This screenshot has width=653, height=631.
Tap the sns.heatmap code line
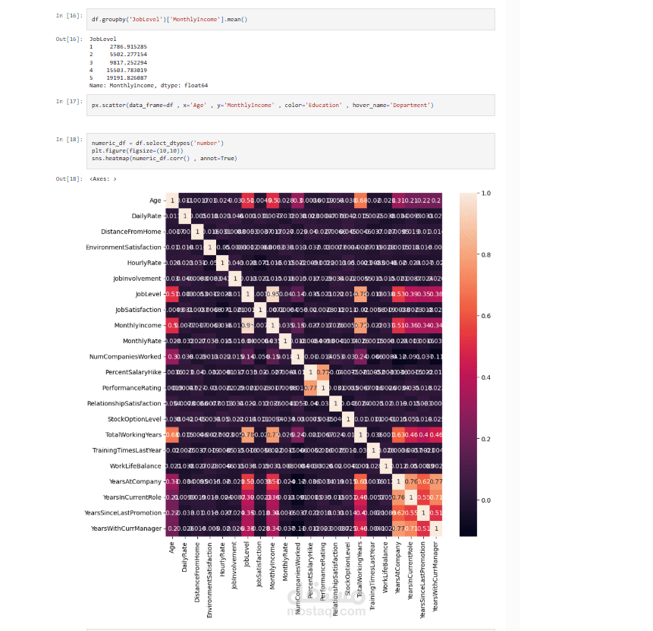pyautogui.click(x=164, y=158)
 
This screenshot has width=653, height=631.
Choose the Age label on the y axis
pyautogui.click(x=155, y=200)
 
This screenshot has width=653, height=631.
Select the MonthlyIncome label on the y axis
pyautogui.click(x=138, y=325)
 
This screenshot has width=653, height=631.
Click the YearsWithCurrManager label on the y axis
pyautogui.click(x=126, y=528)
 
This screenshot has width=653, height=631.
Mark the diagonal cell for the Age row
pyautogui.click(x=172, y=200)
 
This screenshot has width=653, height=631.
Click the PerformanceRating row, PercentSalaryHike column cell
pyautogui.click(x=310, y=387)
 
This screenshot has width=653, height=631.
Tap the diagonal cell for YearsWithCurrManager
pyautogui.click(x=436, y=528)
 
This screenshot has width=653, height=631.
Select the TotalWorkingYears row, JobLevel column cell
pyautogui.click(x=247, y=434)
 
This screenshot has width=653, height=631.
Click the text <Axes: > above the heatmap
pyautogui.click(x=103, y=178)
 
